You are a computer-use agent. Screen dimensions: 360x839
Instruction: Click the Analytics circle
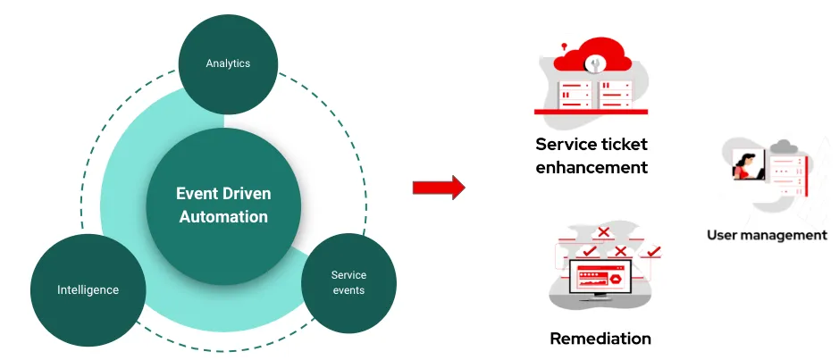tap(228, 63)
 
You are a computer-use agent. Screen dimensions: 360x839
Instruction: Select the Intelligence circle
tap(88, 289)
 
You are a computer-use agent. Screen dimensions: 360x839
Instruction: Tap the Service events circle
tap(348, 281)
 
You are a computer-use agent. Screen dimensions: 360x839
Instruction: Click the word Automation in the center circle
tap(223, 217)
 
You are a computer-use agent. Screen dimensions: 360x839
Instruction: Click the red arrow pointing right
tap(439, 188)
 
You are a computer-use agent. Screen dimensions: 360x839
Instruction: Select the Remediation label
tap(600, 339)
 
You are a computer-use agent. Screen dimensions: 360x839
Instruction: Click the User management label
tap(767, 235)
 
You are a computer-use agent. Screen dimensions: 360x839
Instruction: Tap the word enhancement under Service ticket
tap(591, 167)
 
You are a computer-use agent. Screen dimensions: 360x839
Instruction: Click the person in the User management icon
tap(744, 163)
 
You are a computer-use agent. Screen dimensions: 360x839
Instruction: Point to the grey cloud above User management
tap(784, 147)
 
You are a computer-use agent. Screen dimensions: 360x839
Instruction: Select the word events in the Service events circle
tap(348, 289)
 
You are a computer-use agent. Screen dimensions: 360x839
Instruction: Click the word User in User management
tap(723, 235)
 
